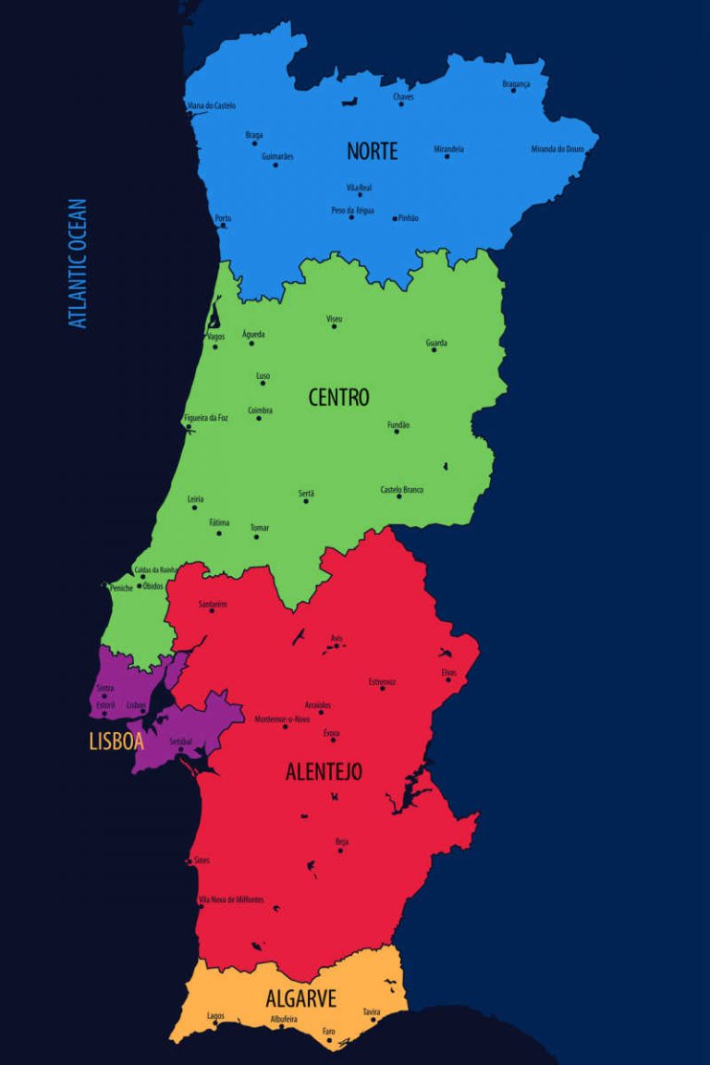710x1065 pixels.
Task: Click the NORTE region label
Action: click(372, 151)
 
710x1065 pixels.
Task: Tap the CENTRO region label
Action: click(338, 398)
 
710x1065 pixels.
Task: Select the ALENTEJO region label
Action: click(324, 772)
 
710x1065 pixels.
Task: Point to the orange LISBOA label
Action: click(116, 741)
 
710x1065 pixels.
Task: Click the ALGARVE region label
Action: click(300, 998)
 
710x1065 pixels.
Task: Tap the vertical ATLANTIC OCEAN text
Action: click(79, 263)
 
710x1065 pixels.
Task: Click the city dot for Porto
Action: click(223, 226)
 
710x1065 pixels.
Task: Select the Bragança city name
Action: click(516, 84)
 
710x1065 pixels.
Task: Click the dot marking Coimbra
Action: click(259, 419)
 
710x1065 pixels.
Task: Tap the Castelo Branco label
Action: click(401, 489)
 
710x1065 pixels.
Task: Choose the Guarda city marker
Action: click(434, 349)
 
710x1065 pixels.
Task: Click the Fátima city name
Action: click(219, 522)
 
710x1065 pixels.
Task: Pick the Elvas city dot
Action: click(448, 680)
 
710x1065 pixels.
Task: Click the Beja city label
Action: click(342, 841)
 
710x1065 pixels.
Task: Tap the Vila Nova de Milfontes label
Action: click(231, 900)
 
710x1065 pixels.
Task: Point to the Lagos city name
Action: click(215, 1016)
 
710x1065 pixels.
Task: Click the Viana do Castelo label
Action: click(212, 105)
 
